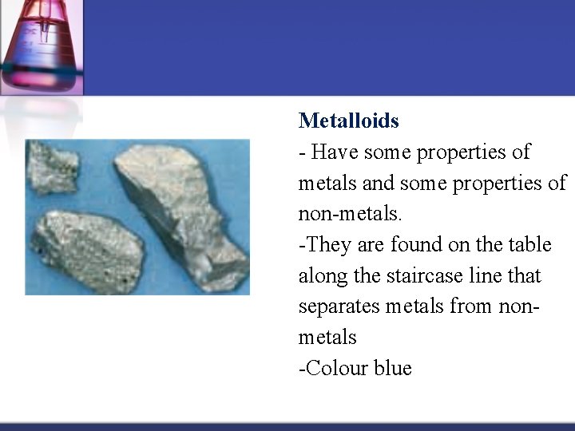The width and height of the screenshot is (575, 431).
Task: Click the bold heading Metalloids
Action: (348, 121)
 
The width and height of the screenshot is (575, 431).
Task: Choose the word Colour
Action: (334, 368)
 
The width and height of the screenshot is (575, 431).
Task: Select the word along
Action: (321, 276)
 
